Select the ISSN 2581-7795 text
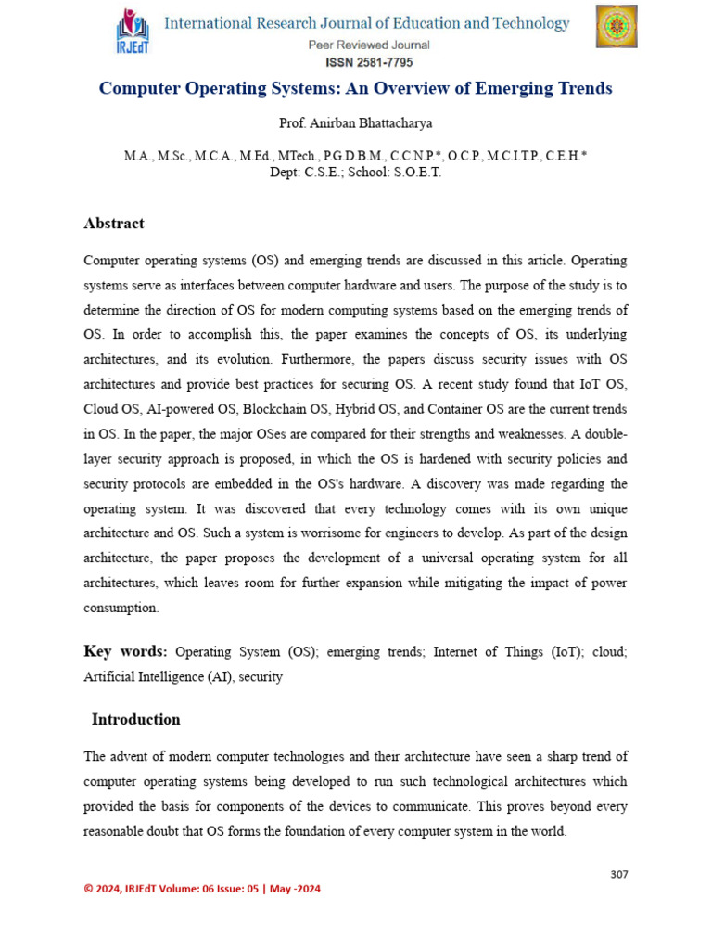click(369, 62)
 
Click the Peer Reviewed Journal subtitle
click(369, 45)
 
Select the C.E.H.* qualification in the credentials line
click(561, 158)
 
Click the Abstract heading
click(114, 224)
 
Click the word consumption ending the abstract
click(121, 608)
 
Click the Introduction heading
click(135, 720)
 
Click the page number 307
click(618, 874)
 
